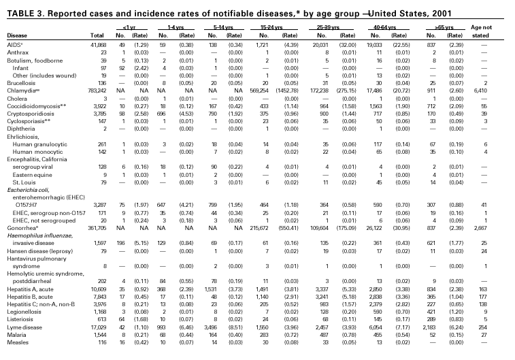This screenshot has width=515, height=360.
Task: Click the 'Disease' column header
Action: [x=16, y=34]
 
